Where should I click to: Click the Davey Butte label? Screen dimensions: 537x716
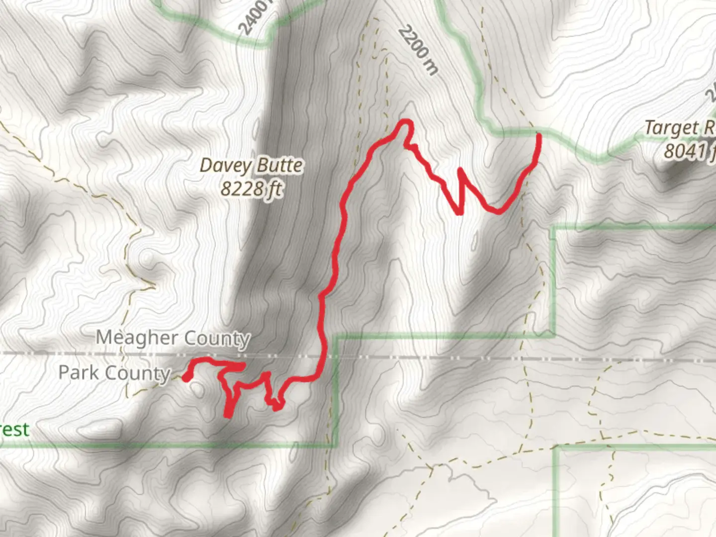pyautogui.click(x=251, y=166)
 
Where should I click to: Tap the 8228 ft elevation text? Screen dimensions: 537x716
pyautogui.click(x=252, y=189)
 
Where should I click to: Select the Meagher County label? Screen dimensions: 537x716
pyautogui.click(x=173, y=338)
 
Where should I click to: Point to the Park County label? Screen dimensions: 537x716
pyautogui.click(x=114, y=373)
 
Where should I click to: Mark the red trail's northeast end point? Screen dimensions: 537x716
pyautogui.click(x=538, y=135)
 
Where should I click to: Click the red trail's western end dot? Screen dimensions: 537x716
pyautogui.click(x=186, y=378)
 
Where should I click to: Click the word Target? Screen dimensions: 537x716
pyautogui.click(x=672, y=128)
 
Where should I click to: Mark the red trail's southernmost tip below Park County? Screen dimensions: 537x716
pyautogui.click(x=228, y=415)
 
